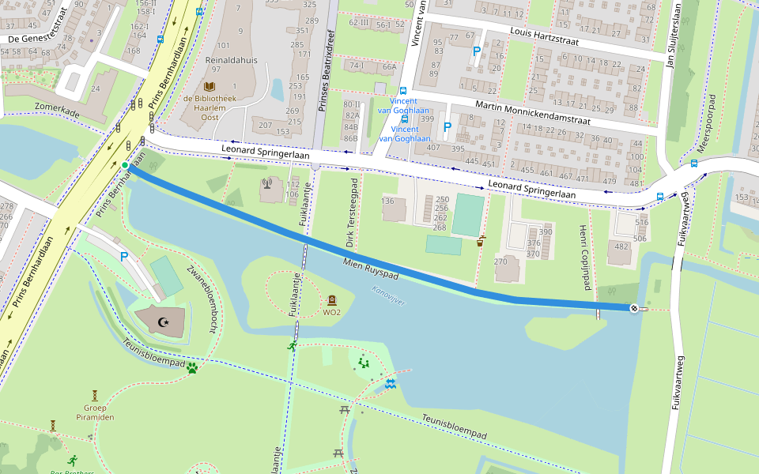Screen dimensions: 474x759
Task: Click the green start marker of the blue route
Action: point(124,165)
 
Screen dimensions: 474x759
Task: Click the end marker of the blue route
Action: point(633,308)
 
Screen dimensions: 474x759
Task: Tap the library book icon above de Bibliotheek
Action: point(210,87)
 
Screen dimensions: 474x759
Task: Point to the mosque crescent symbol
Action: point(164,322)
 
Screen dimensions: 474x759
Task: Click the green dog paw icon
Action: point(191,367)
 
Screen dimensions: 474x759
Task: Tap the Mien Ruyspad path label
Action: point(370,268)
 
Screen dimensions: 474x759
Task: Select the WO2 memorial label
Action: point(332,312)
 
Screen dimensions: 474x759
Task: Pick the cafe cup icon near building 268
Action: point(481,241)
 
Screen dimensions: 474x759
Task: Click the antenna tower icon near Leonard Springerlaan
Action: point(266,186)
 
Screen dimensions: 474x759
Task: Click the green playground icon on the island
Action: point(364,363)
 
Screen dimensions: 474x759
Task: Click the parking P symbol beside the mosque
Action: point(124,256)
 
